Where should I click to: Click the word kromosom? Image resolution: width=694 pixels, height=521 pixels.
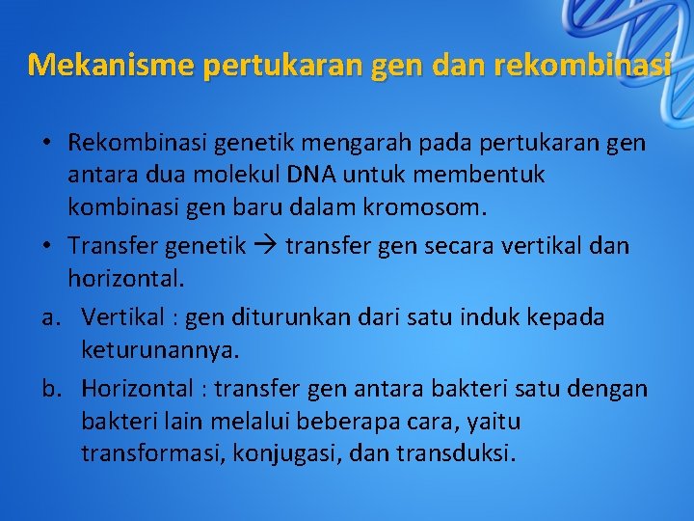tap(439, 206)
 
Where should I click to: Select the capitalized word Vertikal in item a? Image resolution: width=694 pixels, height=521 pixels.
tap(121, 317)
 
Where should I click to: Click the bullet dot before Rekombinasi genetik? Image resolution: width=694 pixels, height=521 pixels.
tap(46, 144)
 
